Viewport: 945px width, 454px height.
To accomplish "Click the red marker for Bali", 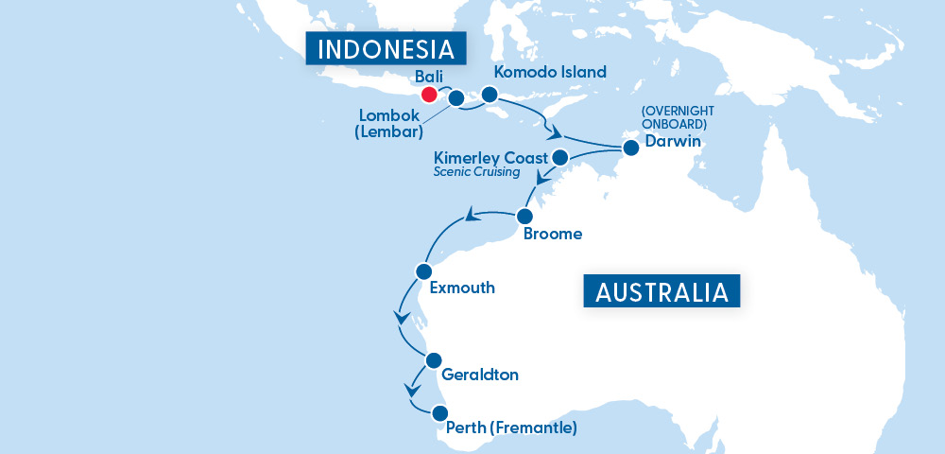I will (429, 95).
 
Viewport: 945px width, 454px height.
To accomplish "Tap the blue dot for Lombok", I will (455, 97).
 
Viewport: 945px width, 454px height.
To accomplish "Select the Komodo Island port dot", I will (489, 95).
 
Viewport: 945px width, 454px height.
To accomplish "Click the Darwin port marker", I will (629, 147).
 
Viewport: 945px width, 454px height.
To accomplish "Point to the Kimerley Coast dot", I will (559, 157).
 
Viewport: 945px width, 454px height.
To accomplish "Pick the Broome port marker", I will (524, 216).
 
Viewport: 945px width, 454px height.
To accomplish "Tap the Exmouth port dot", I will (423, 271).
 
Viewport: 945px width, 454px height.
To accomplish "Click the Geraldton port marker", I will (434, 359).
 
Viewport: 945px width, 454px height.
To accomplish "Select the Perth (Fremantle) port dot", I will (439, 413).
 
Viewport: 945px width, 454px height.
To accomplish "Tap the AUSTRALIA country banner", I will (661, 291).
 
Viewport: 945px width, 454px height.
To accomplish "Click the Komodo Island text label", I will (551, 72).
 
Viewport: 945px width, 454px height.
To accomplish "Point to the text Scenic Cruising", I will (477, 172).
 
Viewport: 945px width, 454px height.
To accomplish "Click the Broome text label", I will (553, 234).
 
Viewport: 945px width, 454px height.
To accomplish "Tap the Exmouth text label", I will (462, 288).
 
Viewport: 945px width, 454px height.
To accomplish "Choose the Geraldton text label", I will (480, 375).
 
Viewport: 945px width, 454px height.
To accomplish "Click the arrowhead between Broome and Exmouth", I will (467, 219).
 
